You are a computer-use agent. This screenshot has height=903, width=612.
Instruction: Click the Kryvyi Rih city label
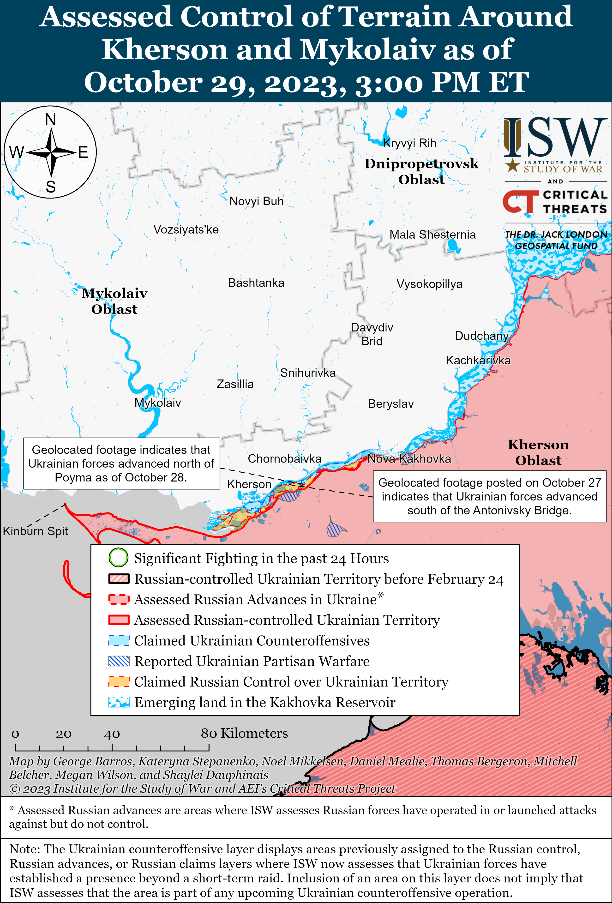pyautogui.click(x=409, y=143)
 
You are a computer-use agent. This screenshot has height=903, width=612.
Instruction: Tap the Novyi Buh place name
pyautogui.click(x=257, y=201)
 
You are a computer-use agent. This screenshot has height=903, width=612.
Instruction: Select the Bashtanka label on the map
pyautogui.click(x=256, y=283)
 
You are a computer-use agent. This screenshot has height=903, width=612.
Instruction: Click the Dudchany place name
pyautogui.click(x=481, y=336)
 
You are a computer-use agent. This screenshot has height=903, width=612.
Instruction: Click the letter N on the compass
pyautogui.click(x=50, y=119)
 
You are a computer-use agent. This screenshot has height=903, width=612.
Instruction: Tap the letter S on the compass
pyautogui.click(x=50, y=187)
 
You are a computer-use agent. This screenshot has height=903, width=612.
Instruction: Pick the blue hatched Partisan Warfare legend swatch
pyautogui.click(x=119, y=661)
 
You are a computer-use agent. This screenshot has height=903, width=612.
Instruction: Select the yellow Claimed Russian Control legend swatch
pyautogui.click(x=119, y=681)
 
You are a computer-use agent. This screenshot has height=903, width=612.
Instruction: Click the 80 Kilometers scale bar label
pyautogui.click(x=244, y=733)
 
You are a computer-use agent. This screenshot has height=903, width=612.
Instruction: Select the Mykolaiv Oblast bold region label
pyautogui.click(x=114, y=301)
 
